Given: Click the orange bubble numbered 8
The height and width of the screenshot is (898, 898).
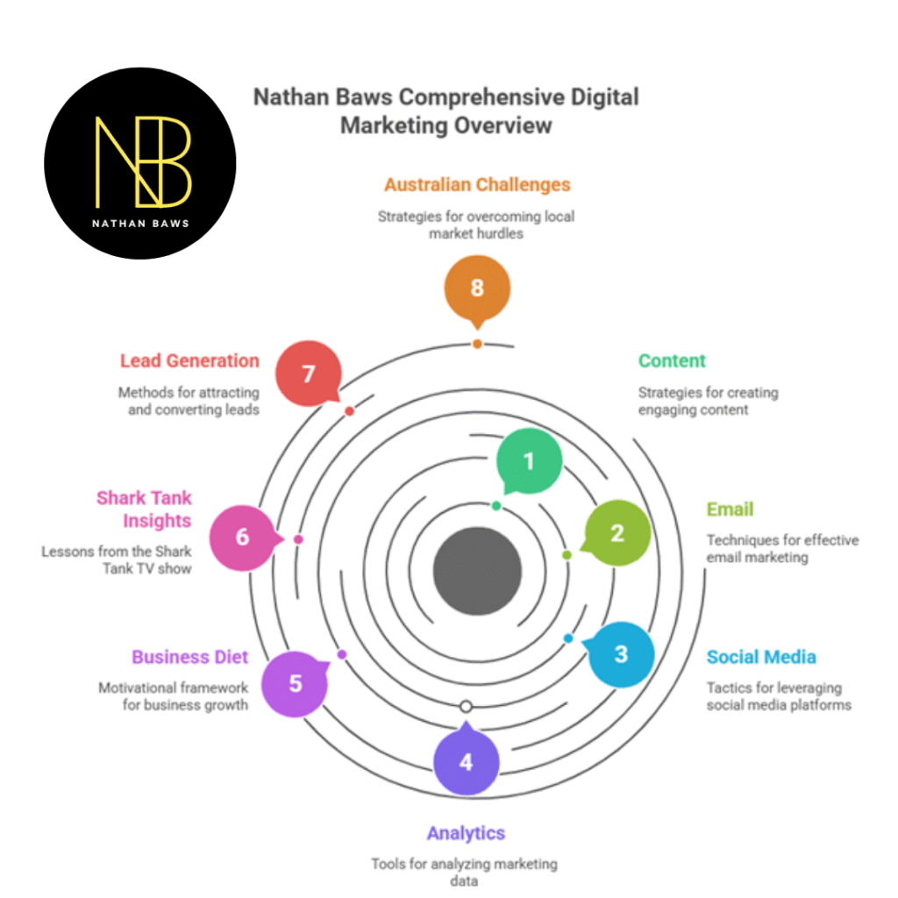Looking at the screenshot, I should (x=477, y=288).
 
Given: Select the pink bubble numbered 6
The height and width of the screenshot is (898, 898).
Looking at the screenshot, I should (x=243, y=537).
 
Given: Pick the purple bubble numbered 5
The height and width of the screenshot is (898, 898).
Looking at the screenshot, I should (x=295, y=683).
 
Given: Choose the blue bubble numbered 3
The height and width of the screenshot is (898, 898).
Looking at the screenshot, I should (x=621, y=654).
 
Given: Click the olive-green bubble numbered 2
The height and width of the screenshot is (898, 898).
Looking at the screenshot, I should (x=617, y=532).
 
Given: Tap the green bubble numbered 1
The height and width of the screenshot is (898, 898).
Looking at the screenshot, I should (x=529, y=461).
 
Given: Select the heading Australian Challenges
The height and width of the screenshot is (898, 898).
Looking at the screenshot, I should (x=477, y=185).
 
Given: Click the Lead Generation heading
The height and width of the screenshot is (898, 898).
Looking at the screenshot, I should (x=189, y=360).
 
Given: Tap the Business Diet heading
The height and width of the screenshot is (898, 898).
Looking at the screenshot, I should (x=189, y=657).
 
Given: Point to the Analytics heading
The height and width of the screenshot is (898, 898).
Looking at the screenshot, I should (x=466, y=833).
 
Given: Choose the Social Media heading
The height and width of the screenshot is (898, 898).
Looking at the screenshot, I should (x=761, y=657).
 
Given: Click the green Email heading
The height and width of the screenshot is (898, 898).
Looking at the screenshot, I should (x=730, y=510).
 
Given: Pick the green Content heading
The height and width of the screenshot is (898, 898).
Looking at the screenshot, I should (x=672, y=360).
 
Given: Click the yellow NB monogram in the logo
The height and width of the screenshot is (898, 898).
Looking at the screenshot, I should (x=141, y=158).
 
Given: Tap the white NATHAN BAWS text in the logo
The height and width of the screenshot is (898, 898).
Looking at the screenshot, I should (x=140, y=223).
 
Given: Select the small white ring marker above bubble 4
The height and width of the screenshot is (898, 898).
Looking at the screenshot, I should (x=466, y=706).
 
